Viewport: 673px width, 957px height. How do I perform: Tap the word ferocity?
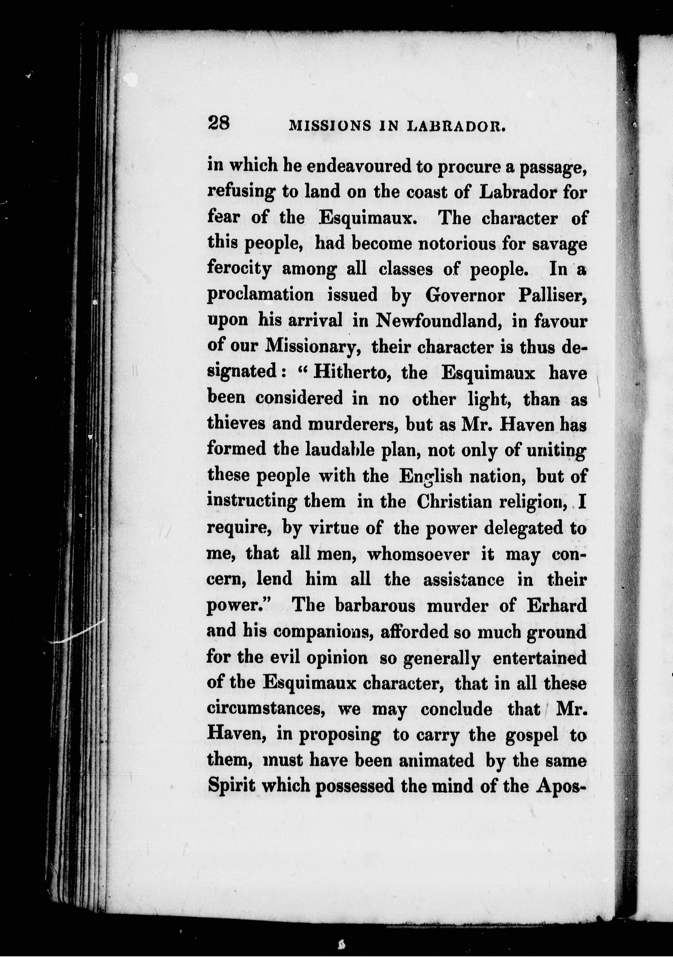tap(239, 270)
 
